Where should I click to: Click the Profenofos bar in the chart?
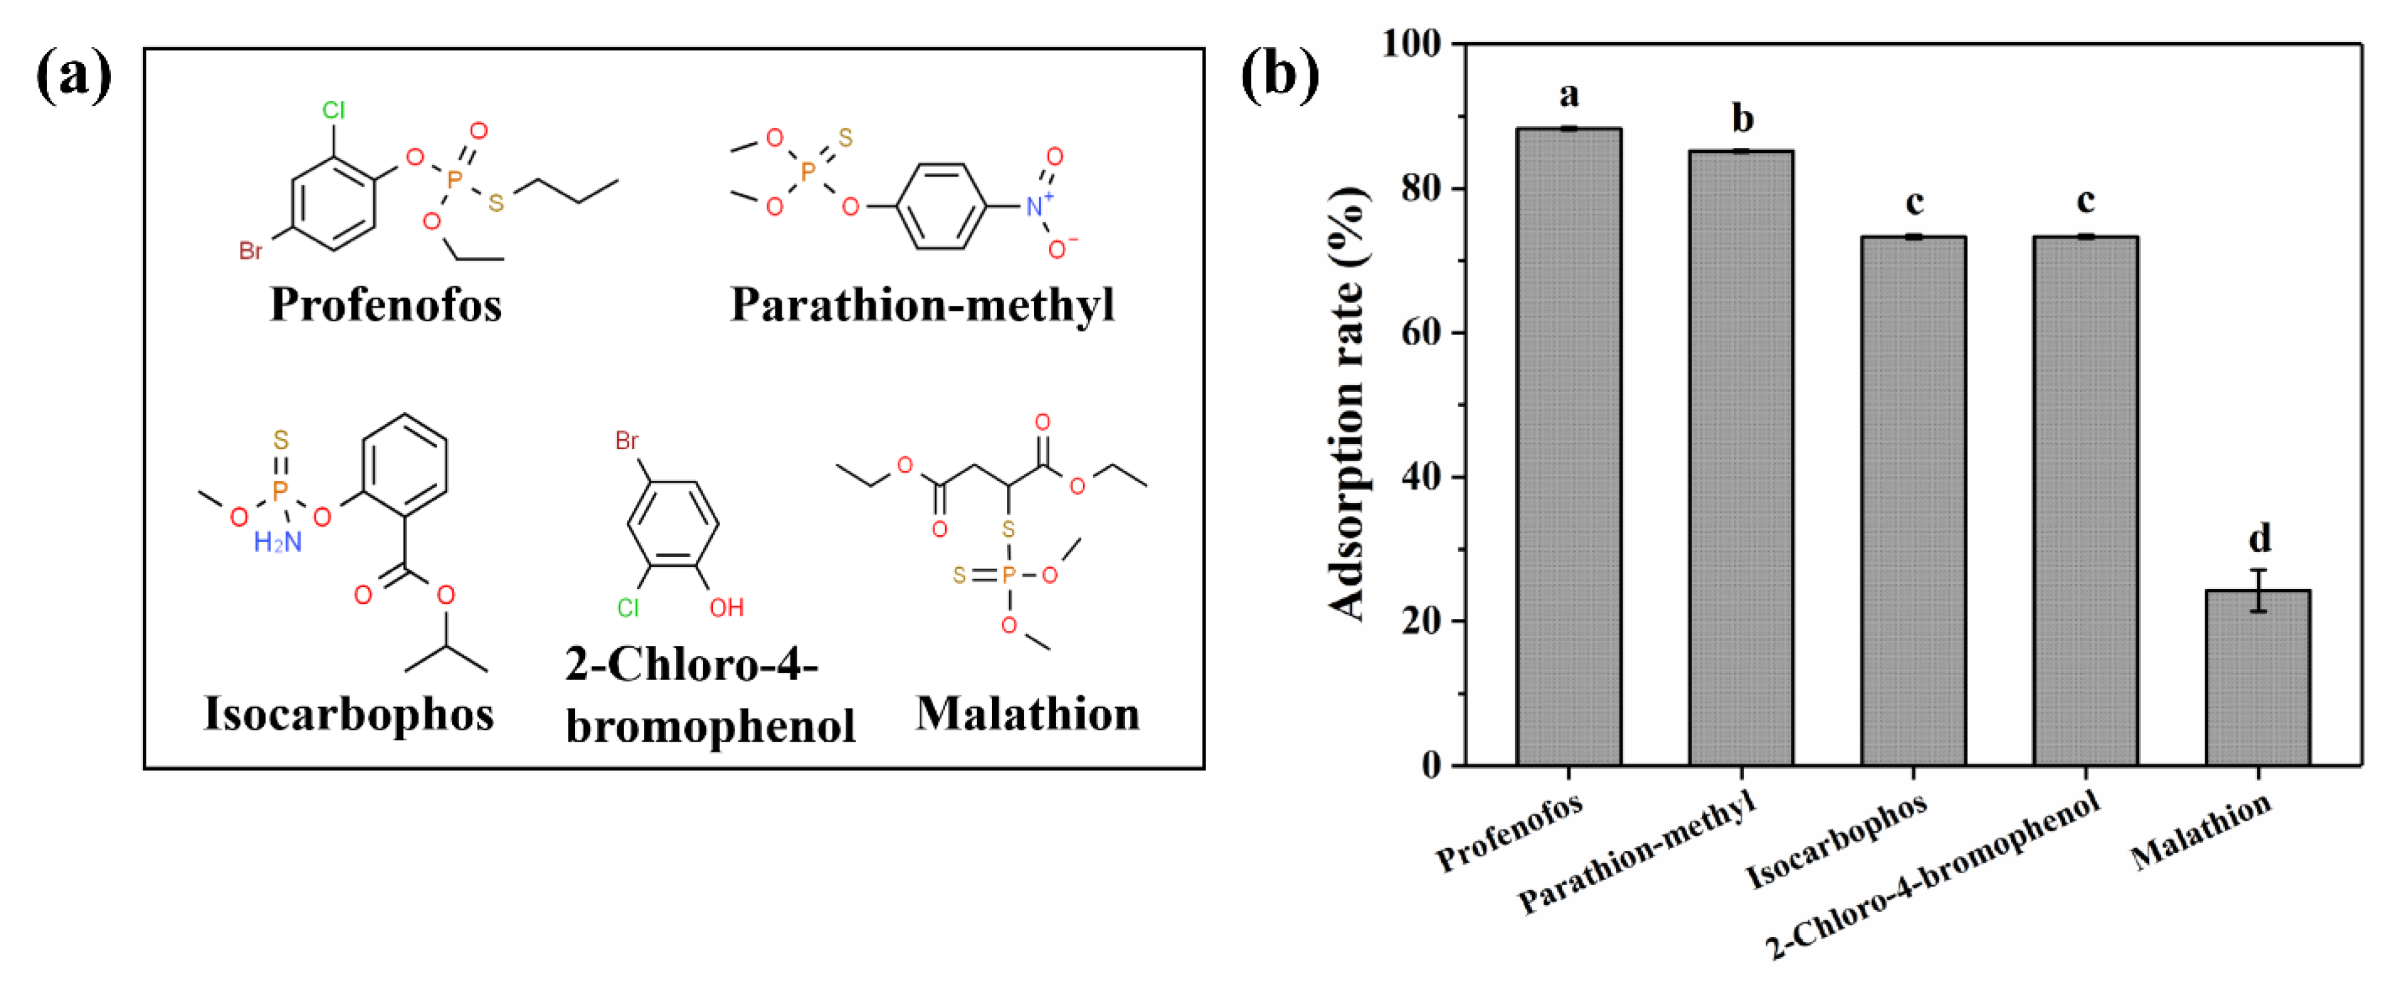(1568, 447)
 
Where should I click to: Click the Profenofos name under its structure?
(386, 304)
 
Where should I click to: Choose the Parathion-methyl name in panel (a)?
(922, 304)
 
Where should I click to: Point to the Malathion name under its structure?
(1027, 714)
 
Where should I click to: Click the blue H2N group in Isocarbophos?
(277, 542)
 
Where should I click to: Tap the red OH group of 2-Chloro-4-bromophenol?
(727, 608)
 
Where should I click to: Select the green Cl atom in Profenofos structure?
(333, 110)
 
